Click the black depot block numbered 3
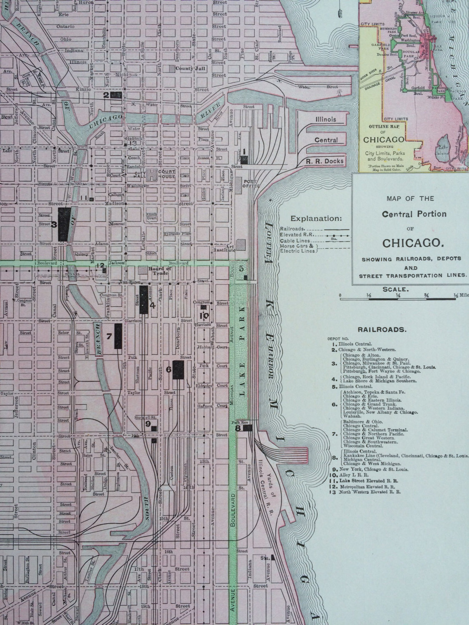click(x=63, y=224)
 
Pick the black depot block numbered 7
click(x=118, y=335)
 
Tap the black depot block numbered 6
click(x=178, y=370)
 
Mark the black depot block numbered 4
click(x=143, y=299)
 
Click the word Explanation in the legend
click(x=316, y=218)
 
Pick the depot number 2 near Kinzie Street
click(x=106, y=95)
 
